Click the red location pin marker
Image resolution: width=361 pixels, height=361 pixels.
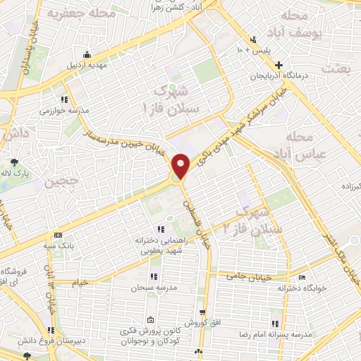pyautogui.click(x=180, y=166)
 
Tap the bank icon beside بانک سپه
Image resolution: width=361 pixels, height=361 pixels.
pyautogui.click(x=58, y=235)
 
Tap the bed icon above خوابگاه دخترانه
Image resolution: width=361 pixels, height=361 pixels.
pyautogui.click(x=302, y=277)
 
